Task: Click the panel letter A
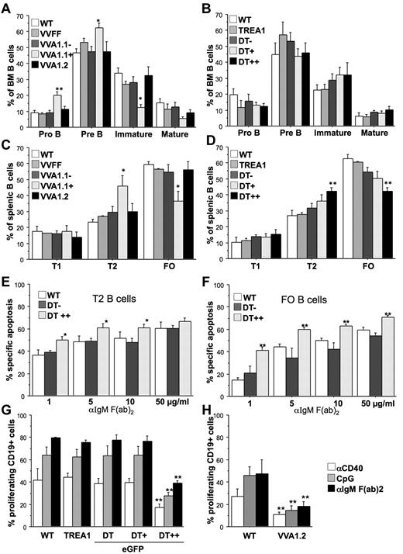coord(7,7)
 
